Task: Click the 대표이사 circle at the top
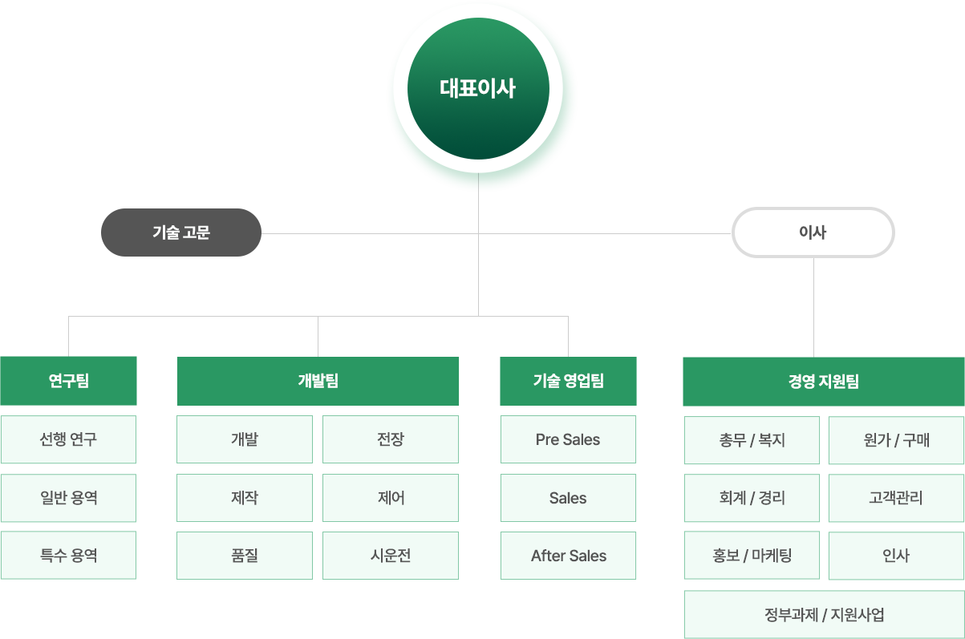click(478, 88)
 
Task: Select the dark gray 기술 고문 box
click(181, 233)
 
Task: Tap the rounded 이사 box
click(813, 233)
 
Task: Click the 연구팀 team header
click(68, 381)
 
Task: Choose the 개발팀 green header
click(318, 381)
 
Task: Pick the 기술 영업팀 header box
click(568, 381)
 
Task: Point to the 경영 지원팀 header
click(823, 381)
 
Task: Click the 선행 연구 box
click(68, 439)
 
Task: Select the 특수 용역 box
click(68, 555)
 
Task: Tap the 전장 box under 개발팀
click(391, 439)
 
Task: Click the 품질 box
click(245, 555)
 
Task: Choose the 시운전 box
click(391, 555)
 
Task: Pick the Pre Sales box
click(568, 439)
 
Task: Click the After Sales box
click(568, 555)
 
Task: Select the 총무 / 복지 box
click(752, 440)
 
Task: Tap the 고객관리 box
click(896, 498)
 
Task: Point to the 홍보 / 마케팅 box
click(752, 555)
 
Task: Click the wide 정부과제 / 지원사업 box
click(824, 615)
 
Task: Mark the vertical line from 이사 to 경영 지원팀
click(813, 306)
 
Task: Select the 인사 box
click(896, 555)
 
